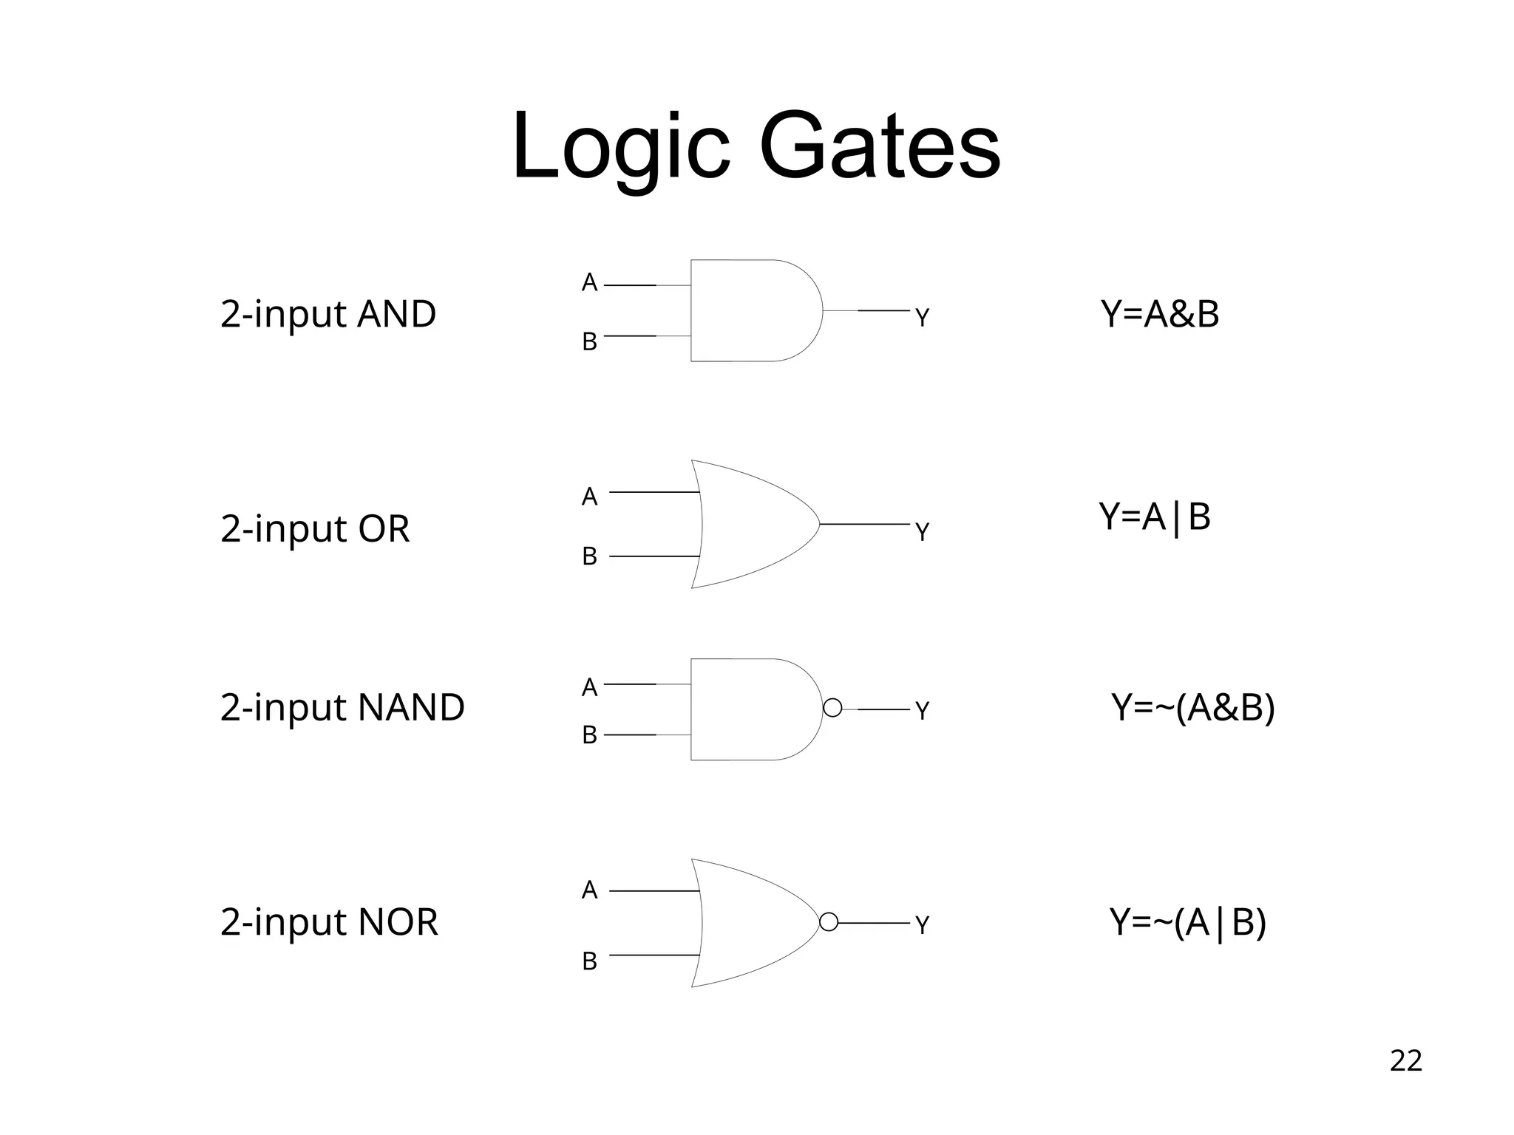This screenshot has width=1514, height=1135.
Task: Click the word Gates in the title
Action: (x=879, y=146)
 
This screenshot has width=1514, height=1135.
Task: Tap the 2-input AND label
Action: (x=328, y=314)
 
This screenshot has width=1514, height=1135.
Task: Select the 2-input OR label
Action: (x=315, y=528)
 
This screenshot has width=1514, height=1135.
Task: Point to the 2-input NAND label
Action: (x=342, y=707)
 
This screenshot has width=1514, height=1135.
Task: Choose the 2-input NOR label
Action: (x=329, y=921)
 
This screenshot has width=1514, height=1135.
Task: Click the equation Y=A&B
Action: (x=1159, y=314)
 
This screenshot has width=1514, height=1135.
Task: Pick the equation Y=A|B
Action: (x=1154, y=517)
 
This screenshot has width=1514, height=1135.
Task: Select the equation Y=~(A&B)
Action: (x=1193, y=707)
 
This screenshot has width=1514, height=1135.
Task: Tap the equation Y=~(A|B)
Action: (x=1188, y=921)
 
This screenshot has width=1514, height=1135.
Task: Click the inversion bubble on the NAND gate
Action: (x=832, y=708)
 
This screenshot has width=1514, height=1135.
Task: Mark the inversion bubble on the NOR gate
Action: (x=829, y=922)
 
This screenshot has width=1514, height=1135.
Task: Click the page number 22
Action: (x=1405, y=1060)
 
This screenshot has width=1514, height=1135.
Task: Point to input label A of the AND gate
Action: (x=589, y=283)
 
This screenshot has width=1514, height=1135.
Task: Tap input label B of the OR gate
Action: (x=589, y=556)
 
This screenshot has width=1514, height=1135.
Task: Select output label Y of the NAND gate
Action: (x=922, y=711)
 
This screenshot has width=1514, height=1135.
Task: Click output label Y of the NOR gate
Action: (x=922, y=925)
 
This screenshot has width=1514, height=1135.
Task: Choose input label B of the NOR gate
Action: (x=589, y=961)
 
